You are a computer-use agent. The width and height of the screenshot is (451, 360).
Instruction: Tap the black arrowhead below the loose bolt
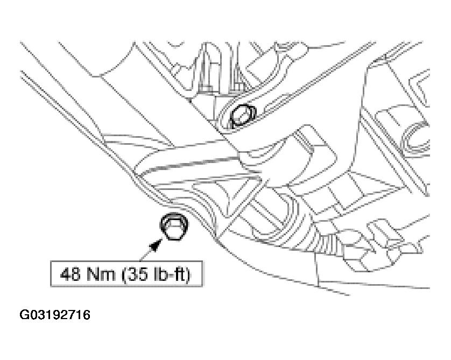pos(156,246)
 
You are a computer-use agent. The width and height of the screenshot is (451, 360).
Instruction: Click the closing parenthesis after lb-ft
pos(187,274)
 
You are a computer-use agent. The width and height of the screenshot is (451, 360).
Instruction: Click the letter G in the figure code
pos(24,315)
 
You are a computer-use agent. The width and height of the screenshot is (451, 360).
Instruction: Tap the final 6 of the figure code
pos(86,315)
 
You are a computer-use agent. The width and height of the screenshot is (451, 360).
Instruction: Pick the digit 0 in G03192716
pos(34,315)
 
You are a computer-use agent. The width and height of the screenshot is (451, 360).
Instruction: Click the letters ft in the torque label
pos(177,274)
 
